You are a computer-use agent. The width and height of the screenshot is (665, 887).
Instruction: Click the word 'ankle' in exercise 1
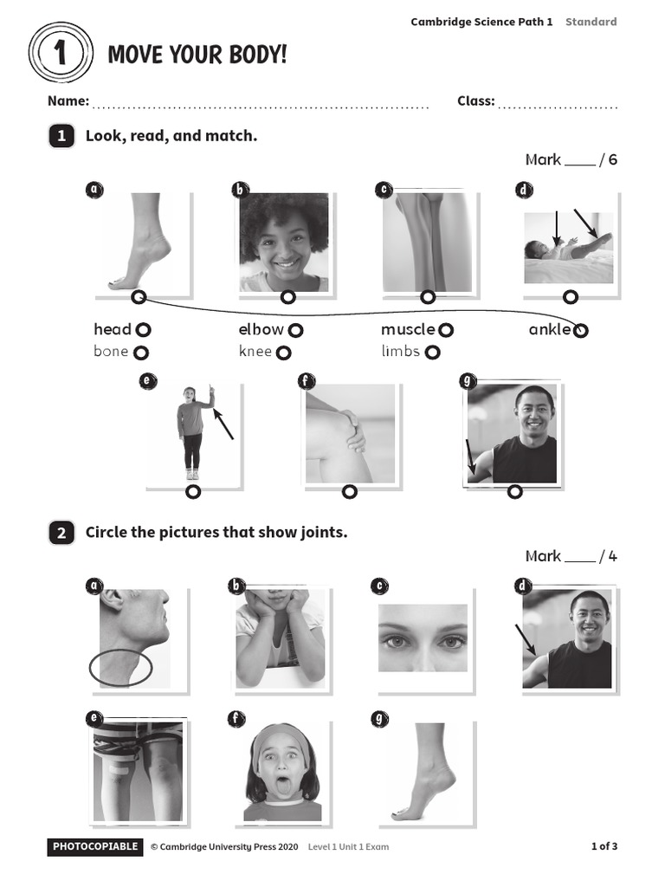(x=549, y=329)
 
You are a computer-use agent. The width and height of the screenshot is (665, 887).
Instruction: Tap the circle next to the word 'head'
(x=144, y=329)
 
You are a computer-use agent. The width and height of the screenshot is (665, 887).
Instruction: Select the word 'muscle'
(x=408, y=329)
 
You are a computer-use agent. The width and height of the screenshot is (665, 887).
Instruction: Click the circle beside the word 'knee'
(x=284, y=353)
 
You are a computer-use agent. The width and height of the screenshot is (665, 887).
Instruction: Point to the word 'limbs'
(x=400, y=351)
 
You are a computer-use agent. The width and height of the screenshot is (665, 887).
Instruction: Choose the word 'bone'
(x=111, y=351)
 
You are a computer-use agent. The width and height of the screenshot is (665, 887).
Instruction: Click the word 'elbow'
(x=261, y=329)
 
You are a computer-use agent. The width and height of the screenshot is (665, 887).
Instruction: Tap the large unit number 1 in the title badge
(x=60, y=55)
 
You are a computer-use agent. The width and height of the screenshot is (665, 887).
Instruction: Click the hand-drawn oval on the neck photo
(x=121, y=668)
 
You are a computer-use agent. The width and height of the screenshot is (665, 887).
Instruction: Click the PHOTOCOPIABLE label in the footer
(x=95, y=846)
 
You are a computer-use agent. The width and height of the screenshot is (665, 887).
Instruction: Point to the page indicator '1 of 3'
(x=604, y=846)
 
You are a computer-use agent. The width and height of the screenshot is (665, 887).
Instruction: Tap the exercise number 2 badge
(x=61, y=533)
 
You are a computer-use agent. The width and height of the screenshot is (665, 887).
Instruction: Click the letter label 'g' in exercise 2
(x=378, y=718)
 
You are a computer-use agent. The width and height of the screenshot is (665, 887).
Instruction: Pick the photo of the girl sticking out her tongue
(x=282, y=772)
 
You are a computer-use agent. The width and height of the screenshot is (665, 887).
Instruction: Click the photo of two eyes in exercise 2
(x=423, y=638)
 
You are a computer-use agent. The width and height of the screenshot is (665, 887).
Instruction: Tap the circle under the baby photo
(x=570, y=297)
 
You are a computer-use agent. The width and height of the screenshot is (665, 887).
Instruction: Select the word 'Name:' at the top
(x=68, y=100)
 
